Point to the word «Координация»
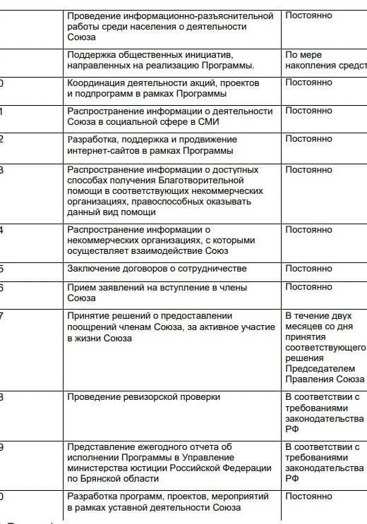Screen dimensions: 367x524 pyautogui.click(x=95, y=83)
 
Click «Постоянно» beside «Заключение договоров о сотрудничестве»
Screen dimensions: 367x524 pyautogui.click(x=308, y=269)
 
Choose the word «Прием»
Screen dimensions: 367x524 pyautogui.click(x=80, y=287)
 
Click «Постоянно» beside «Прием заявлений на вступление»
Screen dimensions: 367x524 pyautogui.click(x=308, y=287)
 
